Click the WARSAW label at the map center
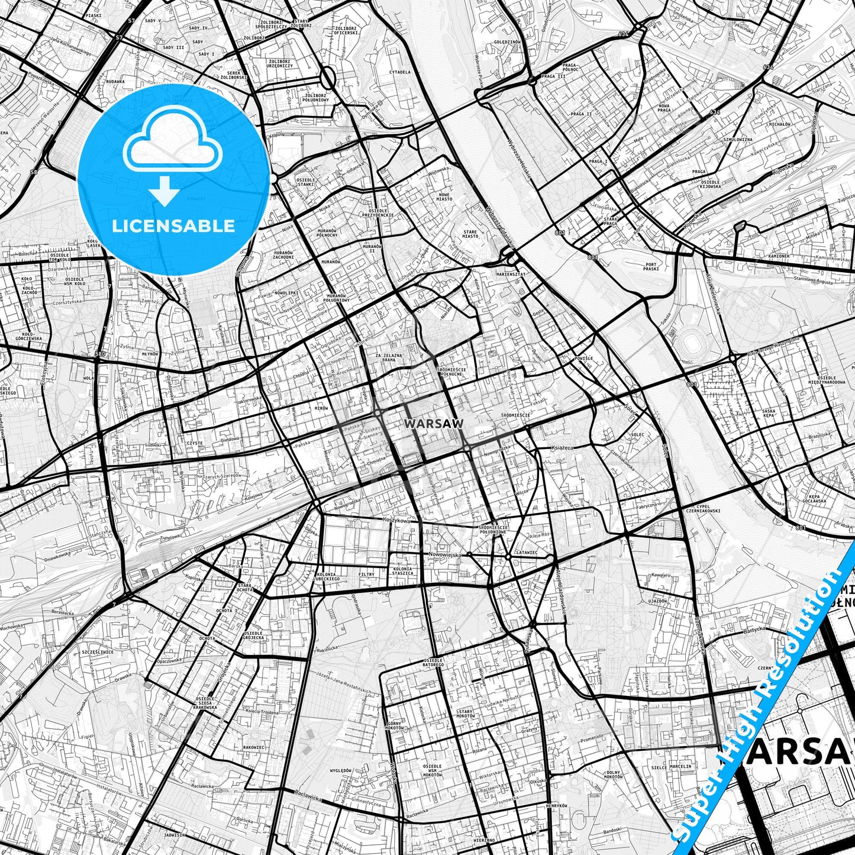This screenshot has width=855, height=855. coord(425,424)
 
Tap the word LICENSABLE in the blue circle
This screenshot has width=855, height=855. coord(173,225)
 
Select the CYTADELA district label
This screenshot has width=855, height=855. coord(399,72)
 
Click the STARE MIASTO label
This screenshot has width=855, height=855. coord(470,234)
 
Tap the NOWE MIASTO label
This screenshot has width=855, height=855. coord(444,196)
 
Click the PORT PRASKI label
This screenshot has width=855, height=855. coord(651,266)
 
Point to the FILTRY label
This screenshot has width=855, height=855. coord(366,574)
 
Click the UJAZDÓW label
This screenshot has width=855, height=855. coord(657,601)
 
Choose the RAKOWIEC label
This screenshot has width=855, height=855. coord(253,747)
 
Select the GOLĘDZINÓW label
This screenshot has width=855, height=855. coord(506,42)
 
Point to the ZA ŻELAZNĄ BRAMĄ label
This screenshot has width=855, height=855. coord(389,357)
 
